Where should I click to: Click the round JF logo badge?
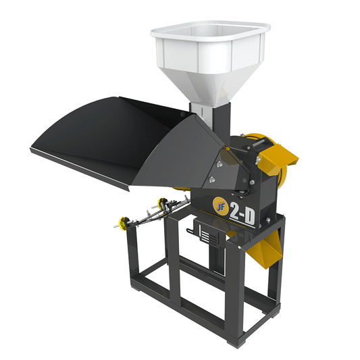point(221,206)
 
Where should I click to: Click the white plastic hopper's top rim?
point(211,31)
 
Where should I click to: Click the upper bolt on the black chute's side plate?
point(220,164)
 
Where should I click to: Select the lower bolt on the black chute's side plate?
point(212,179)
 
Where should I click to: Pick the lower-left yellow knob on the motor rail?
point(124,223)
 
